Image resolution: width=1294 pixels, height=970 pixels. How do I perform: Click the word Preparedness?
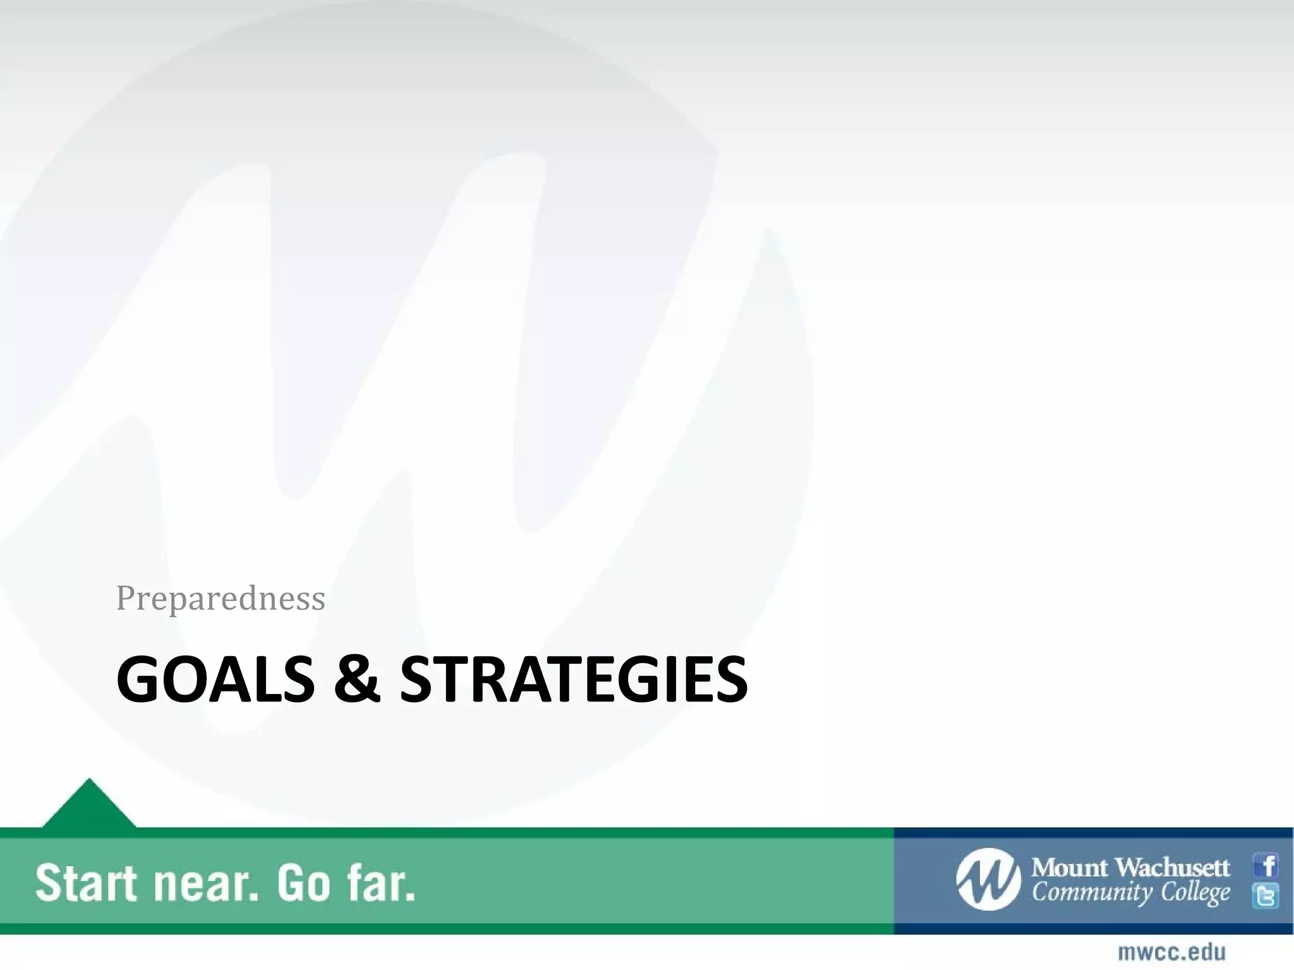[221, 597]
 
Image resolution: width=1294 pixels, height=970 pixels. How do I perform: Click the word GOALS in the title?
[215, 680]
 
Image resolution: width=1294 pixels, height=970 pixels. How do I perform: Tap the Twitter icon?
[1266, 895]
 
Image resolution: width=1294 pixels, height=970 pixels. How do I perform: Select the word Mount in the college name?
[1069, 868]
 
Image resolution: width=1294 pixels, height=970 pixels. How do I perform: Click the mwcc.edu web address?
[1172, 952]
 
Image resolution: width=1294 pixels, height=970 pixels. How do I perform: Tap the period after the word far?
[409, 896]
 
